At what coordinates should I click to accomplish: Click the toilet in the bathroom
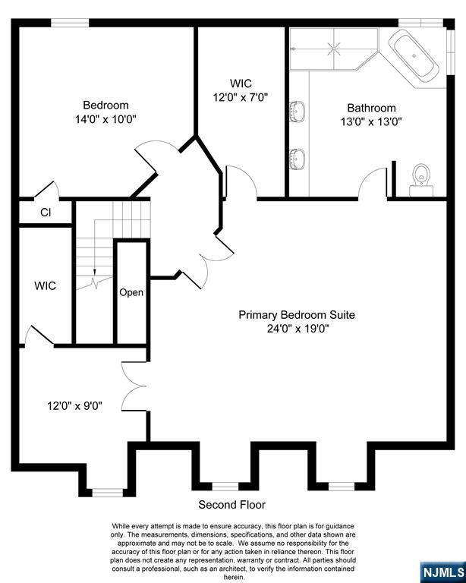[422, 181]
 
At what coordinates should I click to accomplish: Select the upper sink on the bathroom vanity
[297, 111]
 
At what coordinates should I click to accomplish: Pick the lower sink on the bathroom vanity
[297, 159]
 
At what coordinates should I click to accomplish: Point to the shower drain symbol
[333, 49]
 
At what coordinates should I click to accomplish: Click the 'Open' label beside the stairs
[131, 292]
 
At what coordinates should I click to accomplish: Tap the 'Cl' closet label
[46, 213]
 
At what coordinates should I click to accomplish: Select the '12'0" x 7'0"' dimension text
[241, 97]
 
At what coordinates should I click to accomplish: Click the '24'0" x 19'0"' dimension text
[298, 329]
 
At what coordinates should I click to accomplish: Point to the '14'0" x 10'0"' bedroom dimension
[106, 120]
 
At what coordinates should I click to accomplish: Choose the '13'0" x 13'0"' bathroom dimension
[371, 122]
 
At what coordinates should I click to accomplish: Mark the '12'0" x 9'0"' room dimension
[74, 405]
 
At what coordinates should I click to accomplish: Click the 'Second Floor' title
[232, 505]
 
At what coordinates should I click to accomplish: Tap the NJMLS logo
[442, 572]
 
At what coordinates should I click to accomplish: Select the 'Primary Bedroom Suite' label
[297, 315]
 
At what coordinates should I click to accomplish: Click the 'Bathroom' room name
[371, 108]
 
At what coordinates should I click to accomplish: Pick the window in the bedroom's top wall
[70, 23]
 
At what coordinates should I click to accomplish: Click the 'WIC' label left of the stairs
[46, 286]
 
